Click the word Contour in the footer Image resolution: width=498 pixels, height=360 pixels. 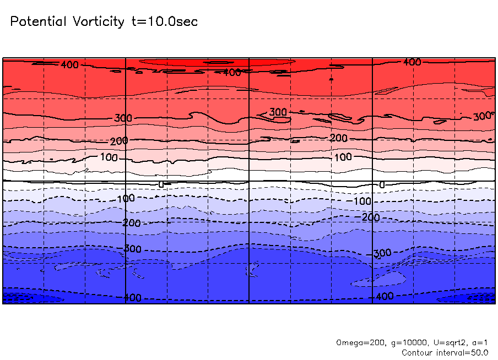[418, 352]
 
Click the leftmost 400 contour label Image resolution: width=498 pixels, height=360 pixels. [69, 65]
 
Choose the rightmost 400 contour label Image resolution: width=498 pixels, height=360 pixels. [412, 62]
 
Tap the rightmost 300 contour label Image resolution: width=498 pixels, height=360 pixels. [482, 116]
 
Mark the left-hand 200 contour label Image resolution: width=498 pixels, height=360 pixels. [119, 141]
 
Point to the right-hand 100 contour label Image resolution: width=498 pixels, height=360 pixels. [343, 157]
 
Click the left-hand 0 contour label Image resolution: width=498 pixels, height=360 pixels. [161, 184]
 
